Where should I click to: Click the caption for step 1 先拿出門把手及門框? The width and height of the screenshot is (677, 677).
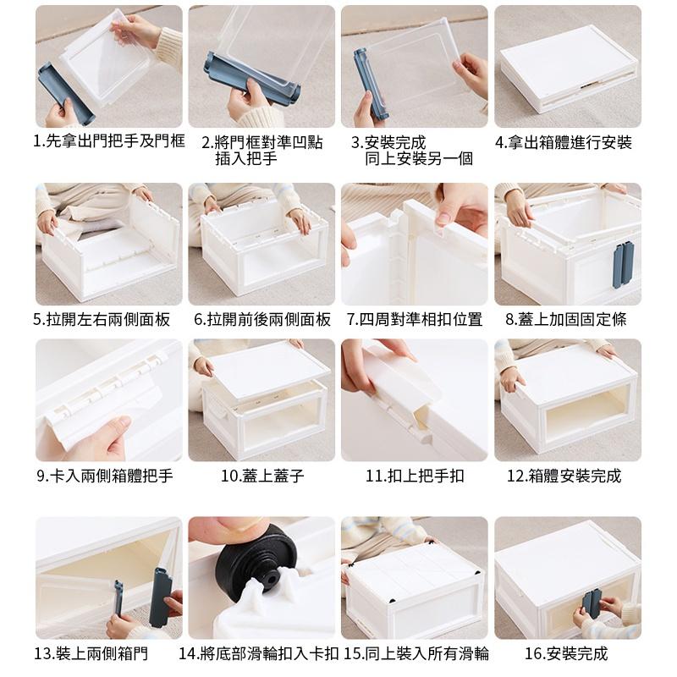click(x=108, y=142)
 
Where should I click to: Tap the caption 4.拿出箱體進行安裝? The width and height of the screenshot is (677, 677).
click(x=564, y=142)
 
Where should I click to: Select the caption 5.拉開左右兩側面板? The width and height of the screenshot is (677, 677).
click(x=102, y=319)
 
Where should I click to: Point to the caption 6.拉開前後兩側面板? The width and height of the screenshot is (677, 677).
click(x=262, y=319)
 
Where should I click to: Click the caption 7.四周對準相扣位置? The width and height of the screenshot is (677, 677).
click(x=415, y=319)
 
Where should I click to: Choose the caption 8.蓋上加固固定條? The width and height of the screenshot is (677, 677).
click(x=566, y=319)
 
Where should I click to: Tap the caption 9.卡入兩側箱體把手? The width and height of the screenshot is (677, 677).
click(x=105, y=476)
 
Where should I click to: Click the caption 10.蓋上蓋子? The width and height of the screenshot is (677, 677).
click(x=262, y=476)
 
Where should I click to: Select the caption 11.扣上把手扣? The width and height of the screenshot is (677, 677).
click(x=415, y=476)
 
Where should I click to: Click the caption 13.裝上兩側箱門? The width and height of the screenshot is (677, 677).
click(x=91, y=653)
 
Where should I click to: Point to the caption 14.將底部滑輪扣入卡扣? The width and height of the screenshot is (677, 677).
click(x=259, y=653)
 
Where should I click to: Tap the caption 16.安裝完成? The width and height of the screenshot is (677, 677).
click(x=566, y=653)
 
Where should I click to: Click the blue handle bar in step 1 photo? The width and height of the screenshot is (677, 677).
click(x=64, y=93)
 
